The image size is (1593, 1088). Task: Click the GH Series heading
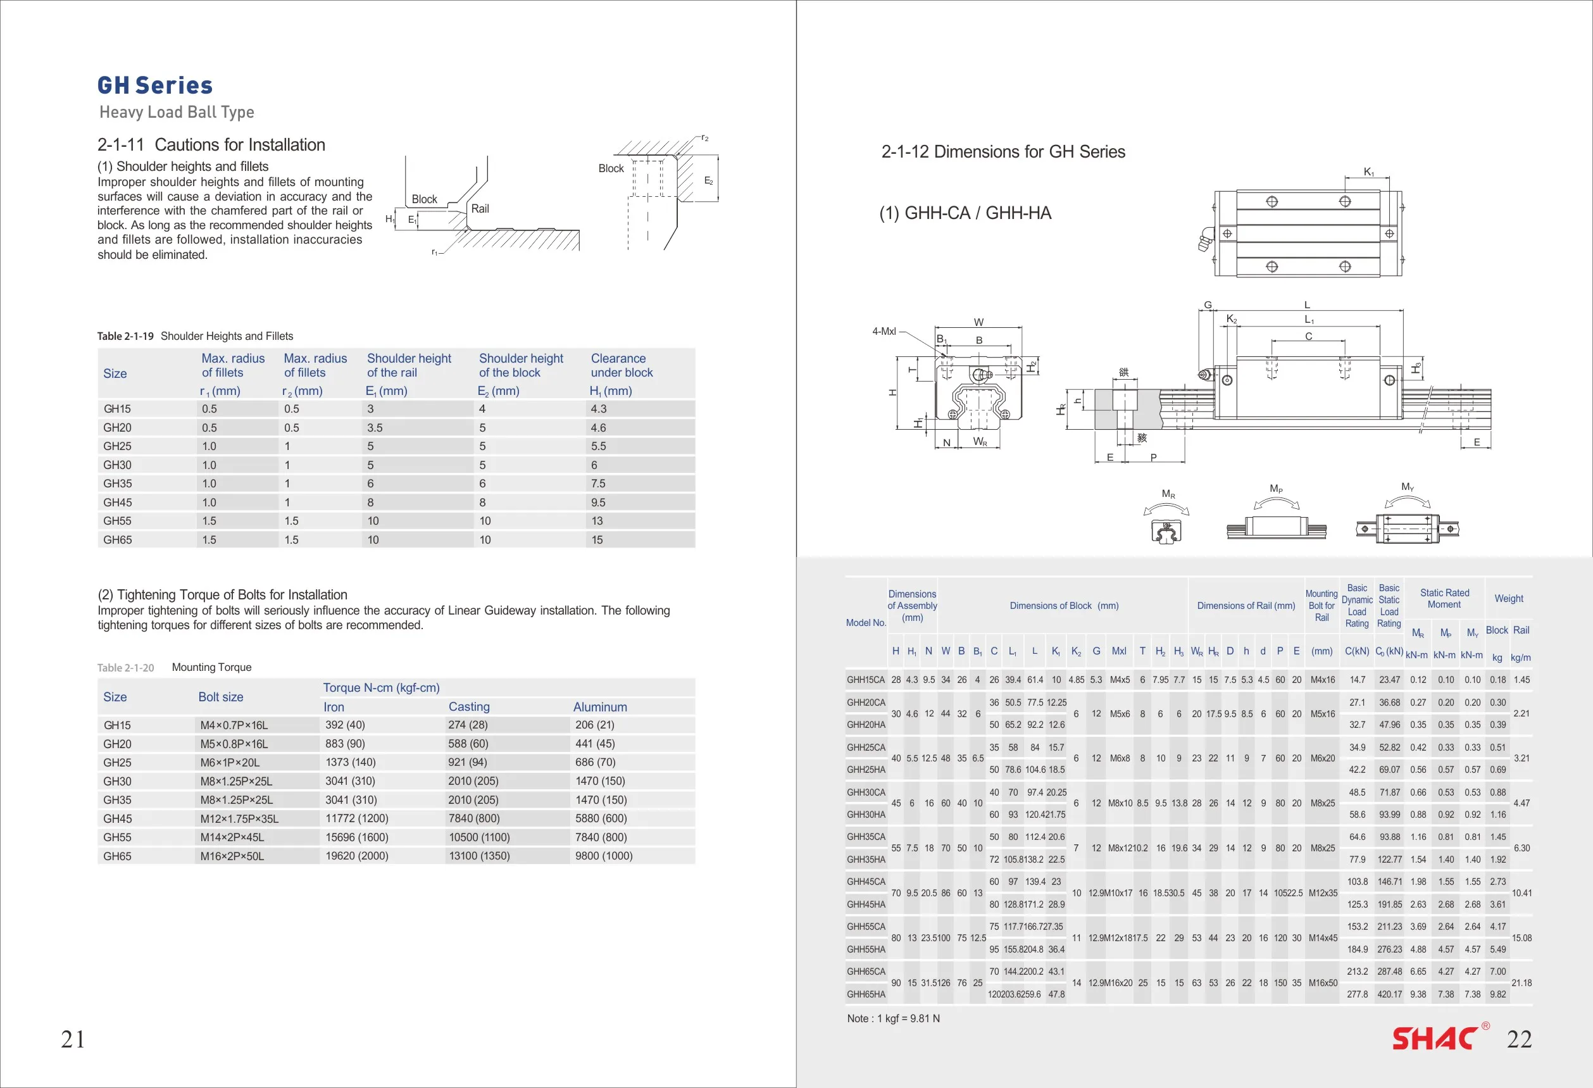coord(155,85)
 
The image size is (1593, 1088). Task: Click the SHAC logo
coord(1435,1039)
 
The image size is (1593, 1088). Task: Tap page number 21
coord(73,1039)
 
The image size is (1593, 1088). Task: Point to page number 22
coord(1519,1039)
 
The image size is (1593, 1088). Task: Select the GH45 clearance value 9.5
coord(597,503)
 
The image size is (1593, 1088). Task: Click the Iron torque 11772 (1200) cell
coord(356,818)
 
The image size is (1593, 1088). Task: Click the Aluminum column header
coord(600,707)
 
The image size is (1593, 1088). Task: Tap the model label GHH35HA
coord(866,859)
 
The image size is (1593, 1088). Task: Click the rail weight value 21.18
coord(1521,982)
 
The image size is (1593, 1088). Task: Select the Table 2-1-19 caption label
coord(125,336)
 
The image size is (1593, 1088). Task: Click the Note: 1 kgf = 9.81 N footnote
coord(893,1019)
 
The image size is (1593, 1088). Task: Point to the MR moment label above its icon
coord(1168,494)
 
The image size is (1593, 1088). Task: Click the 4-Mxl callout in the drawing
coord(884,332)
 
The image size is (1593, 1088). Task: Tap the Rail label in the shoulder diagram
coord(480,209)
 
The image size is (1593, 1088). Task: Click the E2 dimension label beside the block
coord(708,181)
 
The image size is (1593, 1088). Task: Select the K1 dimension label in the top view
coord(1368,172)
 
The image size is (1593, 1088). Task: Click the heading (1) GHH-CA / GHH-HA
coord(965,213)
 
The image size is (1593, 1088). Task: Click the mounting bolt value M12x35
coord(1322,892)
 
